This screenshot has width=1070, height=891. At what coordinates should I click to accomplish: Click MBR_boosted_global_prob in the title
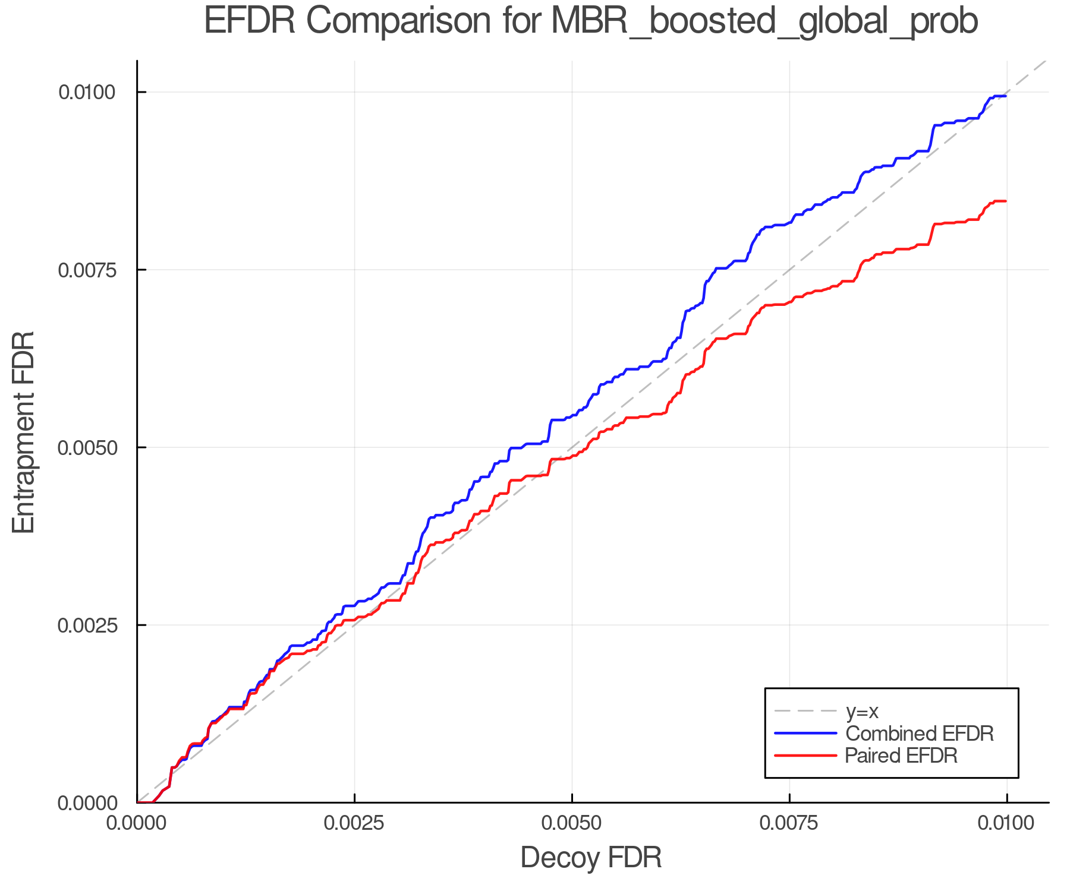tap(764, 21)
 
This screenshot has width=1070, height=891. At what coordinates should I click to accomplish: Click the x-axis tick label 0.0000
tap(137, 823)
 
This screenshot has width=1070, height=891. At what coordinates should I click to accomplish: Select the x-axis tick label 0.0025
tap(355, 823)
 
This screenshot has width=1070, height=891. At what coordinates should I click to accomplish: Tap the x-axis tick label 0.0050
tap(572, 823)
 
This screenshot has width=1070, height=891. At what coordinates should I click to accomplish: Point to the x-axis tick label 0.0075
tap(789, 823)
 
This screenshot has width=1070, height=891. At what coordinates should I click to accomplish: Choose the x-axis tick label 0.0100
tap(1006, 823)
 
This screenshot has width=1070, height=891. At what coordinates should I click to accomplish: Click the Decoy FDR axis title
tap(591, 858)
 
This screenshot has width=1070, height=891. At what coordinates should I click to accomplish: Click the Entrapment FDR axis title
tap(24, 432)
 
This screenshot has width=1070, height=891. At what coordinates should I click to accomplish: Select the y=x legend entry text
tap(862, 711)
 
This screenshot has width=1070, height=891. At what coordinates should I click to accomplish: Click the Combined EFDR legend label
tap(919, 734)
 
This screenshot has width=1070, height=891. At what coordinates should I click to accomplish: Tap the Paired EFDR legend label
tap(901, 756)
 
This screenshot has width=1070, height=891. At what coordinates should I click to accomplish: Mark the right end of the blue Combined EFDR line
tap(1006, 96)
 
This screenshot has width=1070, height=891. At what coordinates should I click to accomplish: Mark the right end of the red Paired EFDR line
tap(1006, 201)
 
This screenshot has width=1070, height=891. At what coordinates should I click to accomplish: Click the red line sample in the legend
tap(805, 756)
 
